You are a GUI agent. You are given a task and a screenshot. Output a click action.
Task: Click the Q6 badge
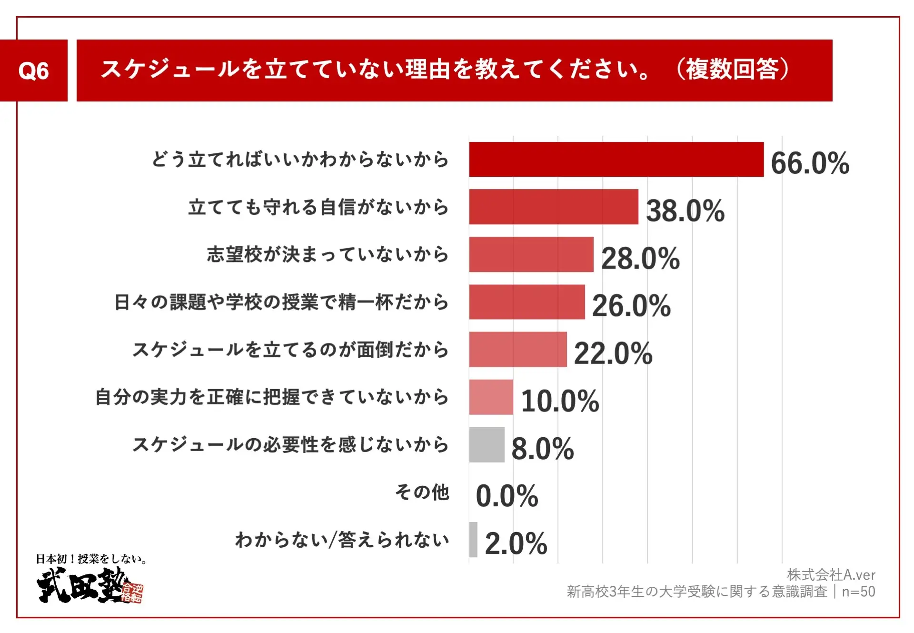point(33,70)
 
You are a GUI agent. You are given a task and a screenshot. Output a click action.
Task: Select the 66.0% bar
point(616,160)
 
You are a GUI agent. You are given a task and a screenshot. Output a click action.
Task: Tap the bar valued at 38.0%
point(553,207)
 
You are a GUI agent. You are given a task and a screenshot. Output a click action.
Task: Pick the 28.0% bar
point(531,254)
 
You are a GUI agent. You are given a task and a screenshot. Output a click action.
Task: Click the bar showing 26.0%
point(527,302)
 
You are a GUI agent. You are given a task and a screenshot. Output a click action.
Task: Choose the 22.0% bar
point(517,350)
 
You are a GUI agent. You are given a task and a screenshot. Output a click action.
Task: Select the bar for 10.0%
point(491,397)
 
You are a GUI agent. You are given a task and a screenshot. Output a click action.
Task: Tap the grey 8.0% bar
point(487,445)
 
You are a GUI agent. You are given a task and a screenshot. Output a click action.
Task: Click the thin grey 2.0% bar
point(473,540)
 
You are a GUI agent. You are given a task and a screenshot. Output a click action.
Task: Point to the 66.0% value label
point(810,163)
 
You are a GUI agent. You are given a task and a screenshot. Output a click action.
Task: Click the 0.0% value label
point(507,496)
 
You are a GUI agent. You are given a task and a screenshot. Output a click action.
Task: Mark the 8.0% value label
point(542,449)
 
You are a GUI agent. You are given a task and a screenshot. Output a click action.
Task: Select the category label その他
point(422,492)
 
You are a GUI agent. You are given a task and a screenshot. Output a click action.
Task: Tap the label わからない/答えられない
point(342,540)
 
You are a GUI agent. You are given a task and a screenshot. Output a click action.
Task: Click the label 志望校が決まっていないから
point(328,254)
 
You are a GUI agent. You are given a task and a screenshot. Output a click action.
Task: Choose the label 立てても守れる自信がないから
point(318,207)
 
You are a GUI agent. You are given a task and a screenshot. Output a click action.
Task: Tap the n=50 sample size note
point(858,592)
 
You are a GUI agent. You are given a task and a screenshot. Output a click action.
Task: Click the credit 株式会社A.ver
point(831,575)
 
